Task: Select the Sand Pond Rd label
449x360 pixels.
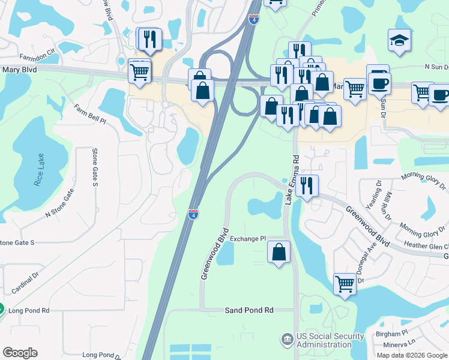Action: pyautogui.click(x=249, y=310)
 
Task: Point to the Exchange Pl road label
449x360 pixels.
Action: pyautogui.click(x=247, y=238)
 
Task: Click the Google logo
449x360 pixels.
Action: pyautogui.click(x=20, y=353)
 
